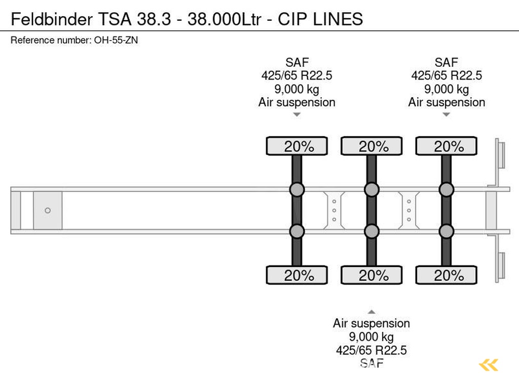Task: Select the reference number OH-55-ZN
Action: click(x=116, y=41)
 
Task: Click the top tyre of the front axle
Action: click(x=297, y=146)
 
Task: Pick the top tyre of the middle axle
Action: click(x=372, y=146)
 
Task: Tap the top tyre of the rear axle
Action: click(x=446, y=146)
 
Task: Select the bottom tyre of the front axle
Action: click(x=297, y=276)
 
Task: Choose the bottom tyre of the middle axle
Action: click(x=372, y=276)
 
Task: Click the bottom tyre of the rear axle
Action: click(x=446, y=276)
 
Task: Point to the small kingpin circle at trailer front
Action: click(x=48, y=210)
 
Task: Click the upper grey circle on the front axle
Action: click(x=296, y=190)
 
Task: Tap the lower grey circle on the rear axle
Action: click(x=446, y=231)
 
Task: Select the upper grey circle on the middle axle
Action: click(x=372, y=190)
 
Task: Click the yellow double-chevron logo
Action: click(x=489, y=365)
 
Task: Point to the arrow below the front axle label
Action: click(x=297, y=115)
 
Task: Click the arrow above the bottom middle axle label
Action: click(x=372, y=312)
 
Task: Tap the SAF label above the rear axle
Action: click(x=446, y=63)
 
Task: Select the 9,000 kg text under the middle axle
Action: click(x=372, y=337)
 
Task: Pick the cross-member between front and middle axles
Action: click(x=334, y=210)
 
